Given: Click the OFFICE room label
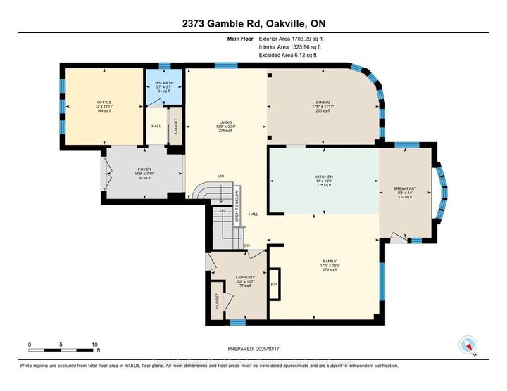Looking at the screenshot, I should click(x=105, y=103).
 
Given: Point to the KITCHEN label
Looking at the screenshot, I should click(x=324, y=177).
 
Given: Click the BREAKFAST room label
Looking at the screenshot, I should click(x=406, y=188).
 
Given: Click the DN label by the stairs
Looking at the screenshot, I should click(x=247, y=245).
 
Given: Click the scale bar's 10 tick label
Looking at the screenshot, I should click(x=94, y=345).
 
